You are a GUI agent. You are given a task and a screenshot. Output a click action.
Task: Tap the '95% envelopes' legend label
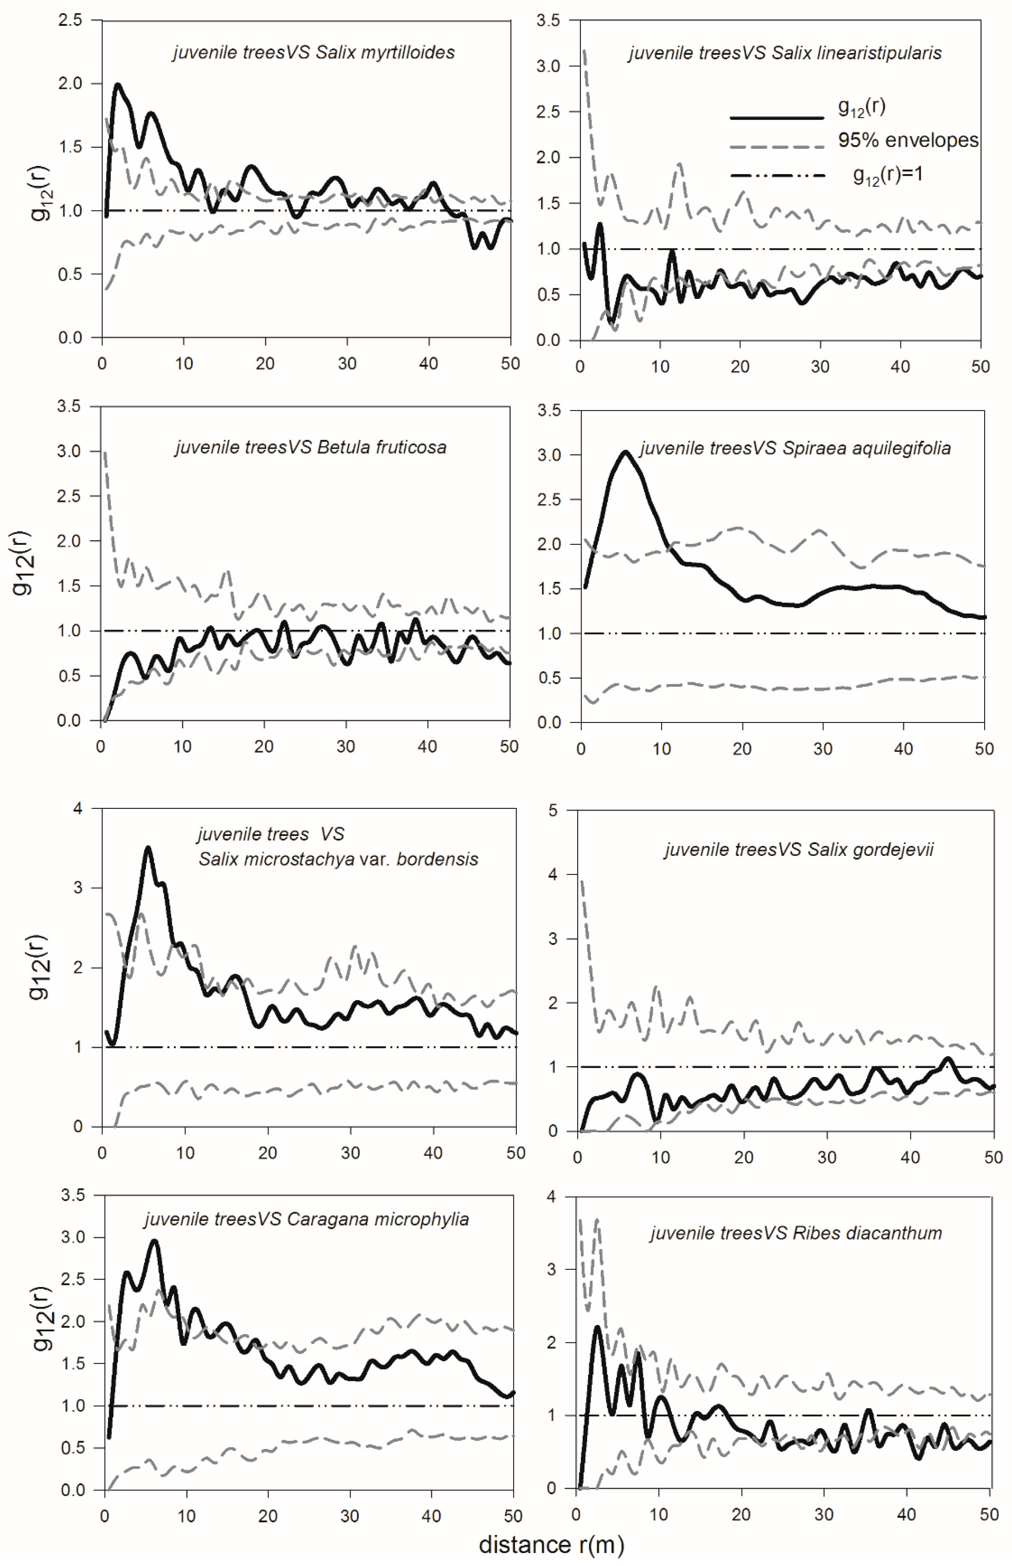pyautogui.click(x=908, y=140)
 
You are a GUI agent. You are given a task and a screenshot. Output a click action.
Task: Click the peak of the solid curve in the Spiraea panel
pyautogui.click(x=626, y=452)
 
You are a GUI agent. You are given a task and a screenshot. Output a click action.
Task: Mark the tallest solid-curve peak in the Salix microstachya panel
pyautogui.click(x=148, y=848)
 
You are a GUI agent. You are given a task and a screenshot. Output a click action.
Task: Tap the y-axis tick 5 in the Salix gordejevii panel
pyautogui.click(x=553, y=811)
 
